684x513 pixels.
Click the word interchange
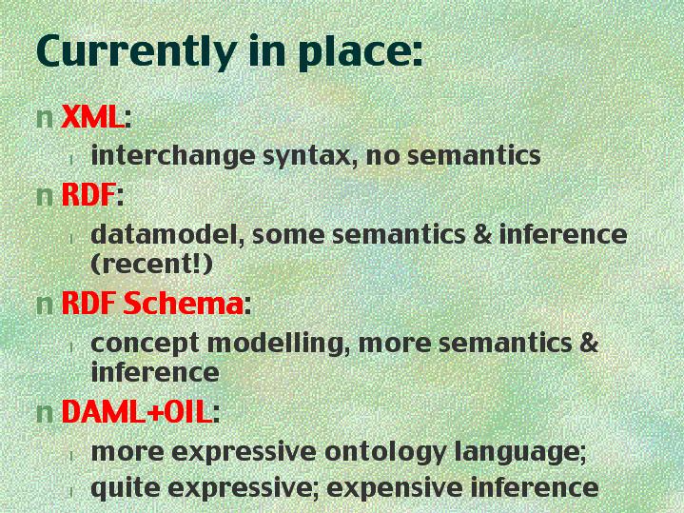(173, 156)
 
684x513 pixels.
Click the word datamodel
(167, 234)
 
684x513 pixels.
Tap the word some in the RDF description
(288, 236)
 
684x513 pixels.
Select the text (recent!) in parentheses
(151, 264)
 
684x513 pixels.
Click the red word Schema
(183, 303)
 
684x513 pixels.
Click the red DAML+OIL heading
(137, 411)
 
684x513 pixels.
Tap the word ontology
(385, 452)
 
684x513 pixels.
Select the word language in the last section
(519, 452)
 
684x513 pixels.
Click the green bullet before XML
(45, 118)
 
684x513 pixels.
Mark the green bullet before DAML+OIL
(45, 413)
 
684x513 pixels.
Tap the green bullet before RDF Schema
(45, 305)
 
